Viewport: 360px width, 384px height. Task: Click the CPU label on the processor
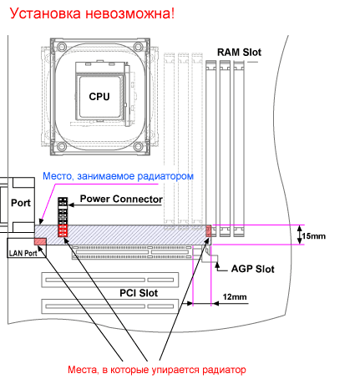(x=99, y=97)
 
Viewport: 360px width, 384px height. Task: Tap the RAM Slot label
(x=239, y=52)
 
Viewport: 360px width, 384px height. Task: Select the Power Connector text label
(x=121, y=199)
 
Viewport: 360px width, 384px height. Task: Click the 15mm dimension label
(x=313, y=236)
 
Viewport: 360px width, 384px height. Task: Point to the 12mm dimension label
(x=235, y=297)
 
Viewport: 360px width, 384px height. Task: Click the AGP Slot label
(x=253, y=269)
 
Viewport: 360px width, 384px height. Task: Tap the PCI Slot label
(x=139, y=293)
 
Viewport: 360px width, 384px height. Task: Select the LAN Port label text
(x=23, y=253)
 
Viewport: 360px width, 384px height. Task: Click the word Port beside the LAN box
(x=21, y=203)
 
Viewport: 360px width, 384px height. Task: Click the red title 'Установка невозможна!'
(x=92, y=13)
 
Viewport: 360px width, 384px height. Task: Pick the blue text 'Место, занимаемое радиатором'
(x=118, y=176)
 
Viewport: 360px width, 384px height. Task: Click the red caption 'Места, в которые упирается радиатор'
(x=157, y=370)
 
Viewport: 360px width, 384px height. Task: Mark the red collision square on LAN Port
(x=40, y=241)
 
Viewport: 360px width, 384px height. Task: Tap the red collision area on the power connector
(x=63, y=230)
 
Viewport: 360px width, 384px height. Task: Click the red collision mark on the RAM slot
(x=209, y=231)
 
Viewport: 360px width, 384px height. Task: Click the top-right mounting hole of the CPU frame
(x=139, y=46)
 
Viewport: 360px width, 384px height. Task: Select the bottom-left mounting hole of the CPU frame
(x=62, y=146)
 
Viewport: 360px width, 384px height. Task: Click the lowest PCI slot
(x=110, y=306)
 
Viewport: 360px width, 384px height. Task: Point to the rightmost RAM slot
(x=239, y=149)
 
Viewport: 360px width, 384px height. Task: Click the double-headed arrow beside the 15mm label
(x=299, y=235)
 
